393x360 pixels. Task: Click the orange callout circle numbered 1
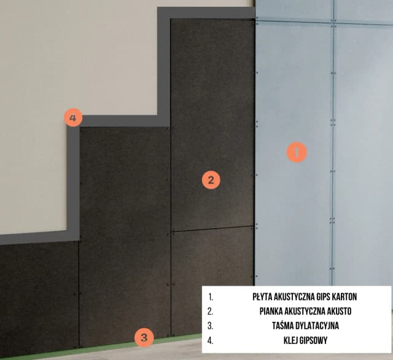[x=297, y=152]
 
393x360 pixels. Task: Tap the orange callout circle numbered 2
[x=211, y=180]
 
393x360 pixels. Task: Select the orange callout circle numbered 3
[x=144, y=338]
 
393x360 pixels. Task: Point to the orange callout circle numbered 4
[x=73, y=117]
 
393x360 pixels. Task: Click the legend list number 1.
[x=210, y=297]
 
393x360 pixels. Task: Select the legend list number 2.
[x=210, y=311]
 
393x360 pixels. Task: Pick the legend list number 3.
[x=210, y=326]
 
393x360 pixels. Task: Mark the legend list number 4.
[x=210, y=340]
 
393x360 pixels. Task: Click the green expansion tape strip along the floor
[x=100, y=348]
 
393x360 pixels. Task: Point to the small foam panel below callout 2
[x=212, y=281]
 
